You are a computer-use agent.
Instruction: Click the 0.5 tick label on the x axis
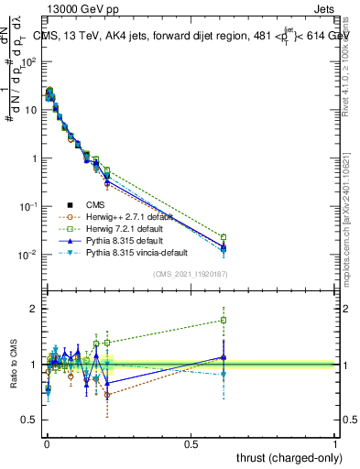coord(191,442)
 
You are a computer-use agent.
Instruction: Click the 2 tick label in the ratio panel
coord(34,309)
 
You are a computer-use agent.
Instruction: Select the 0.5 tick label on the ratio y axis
coord(29,420)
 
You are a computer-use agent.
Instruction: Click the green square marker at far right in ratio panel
coord(224,320)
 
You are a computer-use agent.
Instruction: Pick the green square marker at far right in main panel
coord(224,237)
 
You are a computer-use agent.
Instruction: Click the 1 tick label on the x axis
coord(335,442)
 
